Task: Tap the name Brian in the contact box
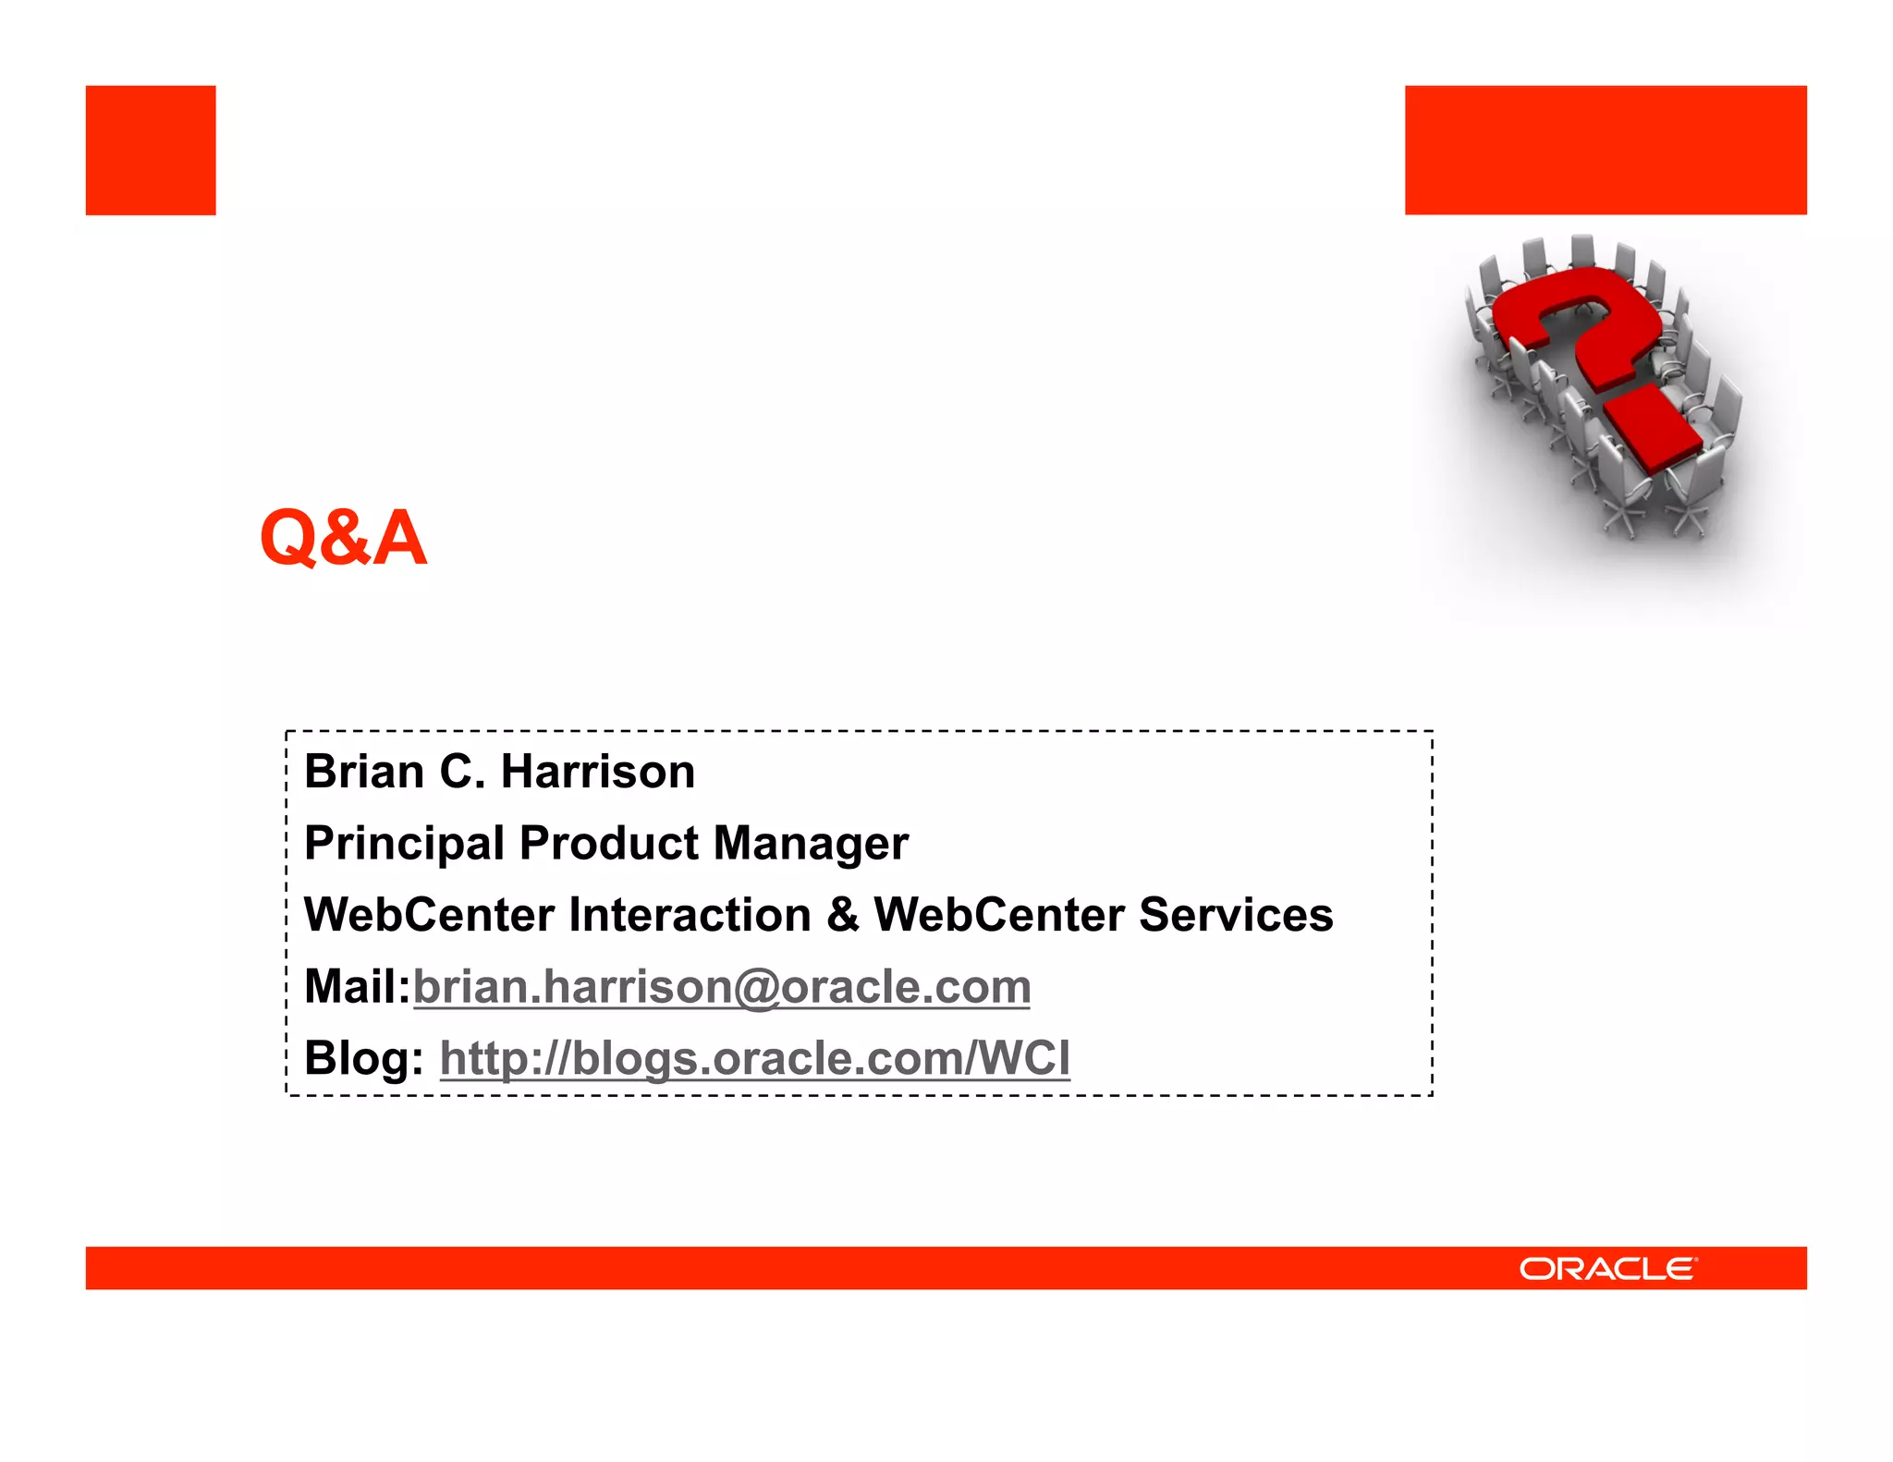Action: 363,771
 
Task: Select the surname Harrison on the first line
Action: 597,771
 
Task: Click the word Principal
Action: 404,844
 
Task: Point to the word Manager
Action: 811,844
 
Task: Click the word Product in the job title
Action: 608,842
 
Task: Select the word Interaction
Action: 690,915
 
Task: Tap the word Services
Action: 1235,915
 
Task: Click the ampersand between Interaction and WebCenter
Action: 842,915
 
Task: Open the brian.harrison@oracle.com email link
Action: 721,987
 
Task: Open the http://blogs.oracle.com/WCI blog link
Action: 754,1058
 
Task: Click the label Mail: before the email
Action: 357,986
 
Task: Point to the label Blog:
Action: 363,1058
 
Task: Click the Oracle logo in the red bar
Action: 1607,1268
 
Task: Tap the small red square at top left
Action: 151,151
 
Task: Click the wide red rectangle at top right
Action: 1605,151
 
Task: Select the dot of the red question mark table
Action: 1653,428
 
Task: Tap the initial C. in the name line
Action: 462,771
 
